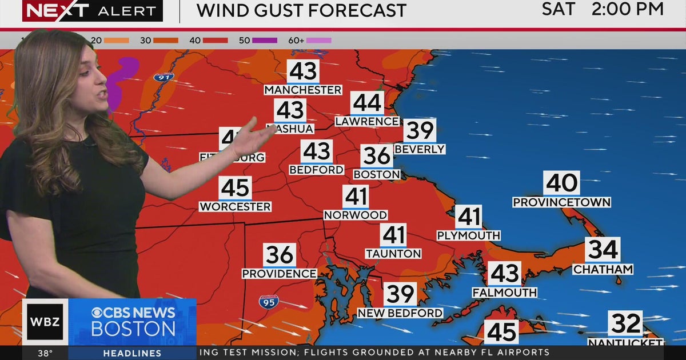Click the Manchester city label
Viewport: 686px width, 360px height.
pos(302,90)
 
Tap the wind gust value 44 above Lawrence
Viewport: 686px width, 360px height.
pos(367,103)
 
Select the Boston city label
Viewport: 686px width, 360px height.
pos(376,174)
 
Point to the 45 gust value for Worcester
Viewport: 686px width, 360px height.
pos(235,188)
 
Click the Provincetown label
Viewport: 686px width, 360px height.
pos(561,202)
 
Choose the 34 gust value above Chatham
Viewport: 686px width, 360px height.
pos(603,250)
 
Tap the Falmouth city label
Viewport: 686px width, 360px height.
pos(504,293)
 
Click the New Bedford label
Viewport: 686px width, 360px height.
pos(400,313)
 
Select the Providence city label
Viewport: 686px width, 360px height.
pos(279,274)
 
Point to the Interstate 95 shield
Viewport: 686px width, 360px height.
pos(269,302)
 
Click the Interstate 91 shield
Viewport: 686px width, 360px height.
pos(163,77)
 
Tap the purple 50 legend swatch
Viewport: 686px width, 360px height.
pos(265,41)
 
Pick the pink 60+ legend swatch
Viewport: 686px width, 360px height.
pos(318,41)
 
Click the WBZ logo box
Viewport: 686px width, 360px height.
pos(45,322)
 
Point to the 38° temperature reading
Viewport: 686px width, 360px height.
pos(46,353)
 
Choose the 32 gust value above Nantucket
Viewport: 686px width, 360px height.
pos(625,324)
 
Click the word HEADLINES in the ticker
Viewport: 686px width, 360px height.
pos(132,353)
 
